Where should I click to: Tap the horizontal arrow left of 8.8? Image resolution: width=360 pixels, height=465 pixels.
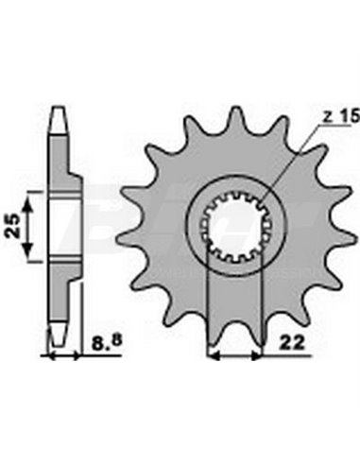[64, 357]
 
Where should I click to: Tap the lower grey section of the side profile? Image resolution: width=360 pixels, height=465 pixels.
[63, 293]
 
